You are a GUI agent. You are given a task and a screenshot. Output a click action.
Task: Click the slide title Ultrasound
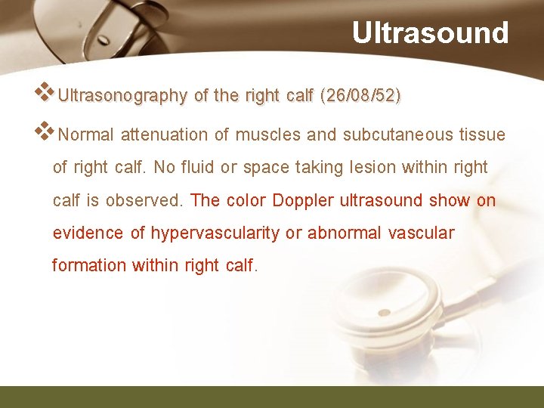pyautogui.click(x=430, y=33)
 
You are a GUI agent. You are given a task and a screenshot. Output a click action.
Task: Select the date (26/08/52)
pyautogui.click(x=360, y=96)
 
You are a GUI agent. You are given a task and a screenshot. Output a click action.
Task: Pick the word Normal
pyautogui.click(x=86, y=135)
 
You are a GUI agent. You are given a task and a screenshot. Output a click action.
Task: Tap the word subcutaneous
pyautogui.click(x=399, y=135)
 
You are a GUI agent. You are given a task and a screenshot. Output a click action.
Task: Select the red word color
pyautogui.click(x=245, y=200)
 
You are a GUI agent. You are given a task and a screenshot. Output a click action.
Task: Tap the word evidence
pyautogui.click(x=88, y=233)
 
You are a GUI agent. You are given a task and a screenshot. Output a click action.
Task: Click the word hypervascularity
pyautogui.click(x=215, y=233)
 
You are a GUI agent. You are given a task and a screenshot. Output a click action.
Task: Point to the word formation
pyautogui.click(x=89, y=265)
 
